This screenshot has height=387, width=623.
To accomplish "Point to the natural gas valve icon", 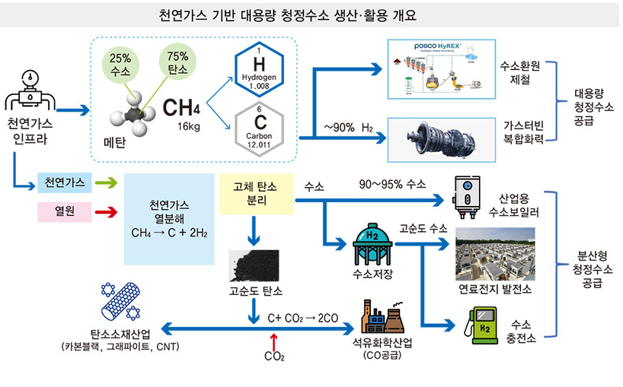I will click(28, 92).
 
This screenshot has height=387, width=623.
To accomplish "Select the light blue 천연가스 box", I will click(65, 182).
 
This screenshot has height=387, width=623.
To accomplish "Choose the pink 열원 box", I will click(65, 209).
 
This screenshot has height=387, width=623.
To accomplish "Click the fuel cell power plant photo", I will click(494, 254).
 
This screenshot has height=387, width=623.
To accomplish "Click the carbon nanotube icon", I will click(119, 303).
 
